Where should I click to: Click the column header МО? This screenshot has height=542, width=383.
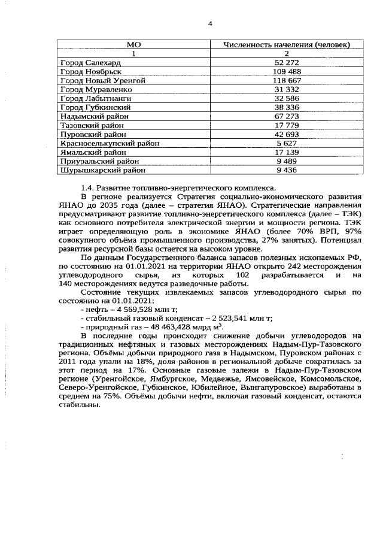tap(134, 45)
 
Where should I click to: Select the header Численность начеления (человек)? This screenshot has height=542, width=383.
tap(287, 45)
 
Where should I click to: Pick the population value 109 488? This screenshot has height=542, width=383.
tap(287, 71)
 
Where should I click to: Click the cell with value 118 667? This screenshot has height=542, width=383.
tap(287, 80)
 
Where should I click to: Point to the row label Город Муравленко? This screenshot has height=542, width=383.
tap(97, 89)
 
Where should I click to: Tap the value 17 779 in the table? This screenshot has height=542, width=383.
tap(287, 125)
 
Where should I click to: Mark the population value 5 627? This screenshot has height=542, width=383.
tap(287, 143)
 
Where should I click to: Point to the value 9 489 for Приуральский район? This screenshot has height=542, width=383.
tap(287, 161)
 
